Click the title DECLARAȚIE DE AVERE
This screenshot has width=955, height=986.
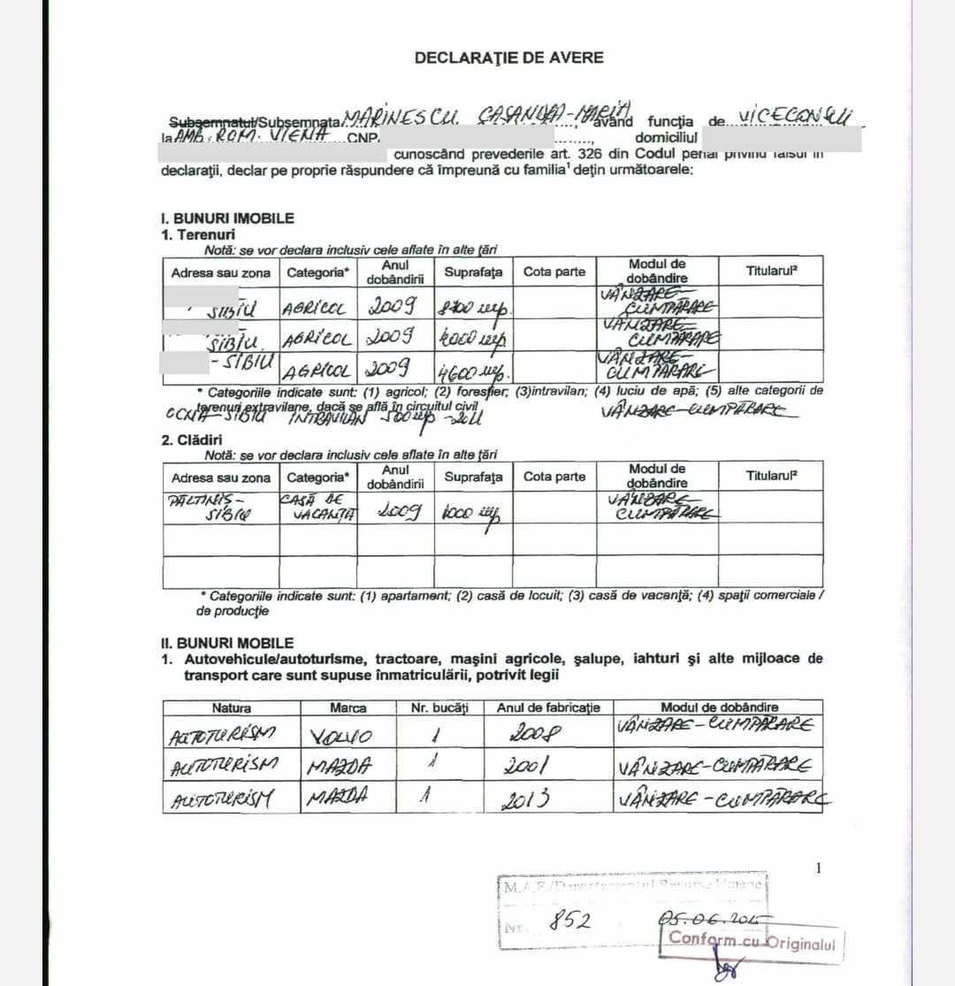coord(509,57)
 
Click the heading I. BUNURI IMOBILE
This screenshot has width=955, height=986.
coord(227,218)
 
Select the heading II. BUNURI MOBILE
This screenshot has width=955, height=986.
coord(226,643)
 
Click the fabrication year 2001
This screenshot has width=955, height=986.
coord(529,765)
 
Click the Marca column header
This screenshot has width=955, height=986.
coord(348,707)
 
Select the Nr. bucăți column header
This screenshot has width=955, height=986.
coord(439,707)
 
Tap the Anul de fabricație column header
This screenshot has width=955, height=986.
coord(548,707)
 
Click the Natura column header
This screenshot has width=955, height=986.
coord(231,707)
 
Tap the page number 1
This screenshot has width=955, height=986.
coord(818,868)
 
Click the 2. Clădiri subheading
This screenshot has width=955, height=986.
coord(191,439)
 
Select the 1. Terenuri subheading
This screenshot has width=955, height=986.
coord(197,234)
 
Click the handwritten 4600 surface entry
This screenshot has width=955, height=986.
coord(469,368)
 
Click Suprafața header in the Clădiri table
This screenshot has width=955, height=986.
coord(473,477)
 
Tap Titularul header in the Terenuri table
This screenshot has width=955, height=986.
coord(771,271)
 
